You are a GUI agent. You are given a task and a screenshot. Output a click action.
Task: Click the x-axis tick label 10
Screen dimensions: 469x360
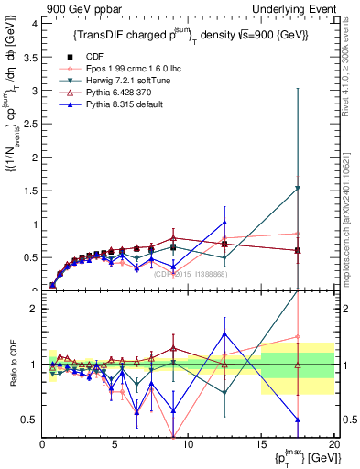(x=188, y=445)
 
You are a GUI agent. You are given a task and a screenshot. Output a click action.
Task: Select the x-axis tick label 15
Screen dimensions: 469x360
(x=260, y=445)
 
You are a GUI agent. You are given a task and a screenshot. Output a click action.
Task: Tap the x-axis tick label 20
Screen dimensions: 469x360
(x=333, y=445)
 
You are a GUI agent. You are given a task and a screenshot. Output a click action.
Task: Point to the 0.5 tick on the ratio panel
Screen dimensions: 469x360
(x=30, y=420)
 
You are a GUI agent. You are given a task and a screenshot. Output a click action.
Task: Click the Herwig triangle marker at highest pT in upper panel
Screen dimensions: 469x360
(x=297, y=189)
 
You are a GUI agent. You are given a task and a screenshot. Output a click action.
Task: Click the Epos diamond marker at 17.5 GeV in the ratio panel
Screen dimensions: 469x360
(x=297, y=336)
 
